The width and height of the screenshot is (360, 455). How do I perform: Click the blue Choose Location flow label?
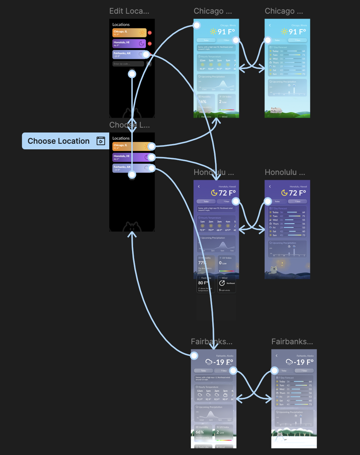58,141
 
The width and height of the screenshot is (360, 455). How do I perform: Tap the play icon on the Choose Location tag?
101,141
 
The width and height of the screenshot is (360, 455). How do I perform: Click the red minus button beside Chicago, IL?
150,33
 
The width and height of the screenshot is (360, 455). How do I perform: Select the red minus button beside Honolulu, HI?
150,43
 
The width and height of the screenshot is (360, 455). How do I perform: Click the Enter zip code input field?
128,64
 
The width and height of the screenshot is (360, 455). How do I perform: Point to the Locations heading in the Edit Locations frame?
121,25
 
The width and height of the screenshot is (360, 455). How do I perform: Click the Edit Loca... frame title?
129,11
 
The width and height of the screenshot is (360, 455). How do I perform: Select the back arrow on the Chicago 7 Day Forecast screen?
270,25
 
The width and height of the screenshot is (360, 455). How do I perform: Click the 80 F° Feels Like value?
203,283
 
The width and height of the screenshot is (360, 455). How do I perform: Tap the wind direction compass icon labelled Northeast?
222,283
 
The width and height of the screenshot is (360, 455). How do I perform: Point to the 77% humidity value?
202,263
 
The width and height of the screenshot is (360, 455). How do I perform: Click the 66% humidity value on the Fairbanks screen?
200,432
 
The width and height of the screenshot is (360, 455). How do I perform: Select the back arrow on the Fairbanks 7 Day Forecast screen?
276,355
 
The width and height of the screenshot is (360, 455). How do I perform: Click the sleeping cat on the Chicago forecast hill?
276,110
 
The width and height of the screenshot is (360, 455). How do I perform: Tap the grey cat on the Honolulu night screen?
274,269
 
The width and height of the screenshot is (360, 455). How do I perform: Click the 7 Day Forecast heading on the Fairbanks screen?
286,378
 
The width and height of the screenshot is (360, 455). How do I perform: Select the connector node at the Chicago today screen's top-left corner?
197,25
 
